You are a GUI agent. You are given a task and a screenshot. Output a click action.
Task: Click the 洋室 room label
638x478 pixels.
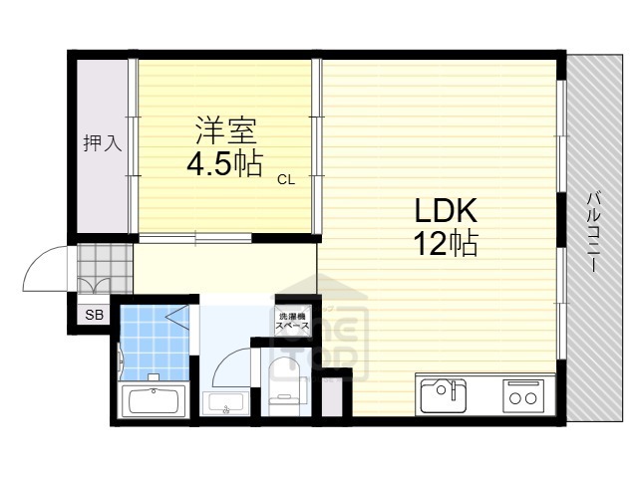click(x=225, y=130)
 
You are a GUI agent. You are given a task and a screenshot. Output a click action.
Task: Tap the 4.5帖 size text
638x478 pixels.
click(x=225, y=163)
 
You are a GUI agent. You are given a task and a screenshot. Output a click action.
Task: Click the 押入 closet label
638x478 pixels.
click(x=102, y=142)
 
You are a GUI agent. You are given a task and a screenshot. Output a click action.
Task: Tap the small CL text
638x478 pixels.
click(x=286, y=179)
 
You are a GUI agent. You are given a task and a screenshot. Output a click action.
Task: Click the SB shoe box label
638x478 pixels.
click(x=93, y=315)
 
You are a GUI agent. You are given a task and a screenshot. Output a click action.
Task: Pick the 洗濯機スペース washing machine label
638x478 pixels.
click(x=292, y=322)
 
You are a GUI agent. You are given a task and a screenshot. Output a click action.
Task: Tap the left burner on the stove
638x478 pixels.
click(x=515, y=399)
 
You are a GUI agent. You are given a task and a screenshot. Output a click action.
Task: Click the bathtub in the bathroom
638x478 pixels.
click(x=153, y=403)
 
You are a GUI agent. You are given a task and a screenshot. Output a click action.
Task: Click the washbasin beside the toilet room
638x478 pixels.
click(x=225, y=403)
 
